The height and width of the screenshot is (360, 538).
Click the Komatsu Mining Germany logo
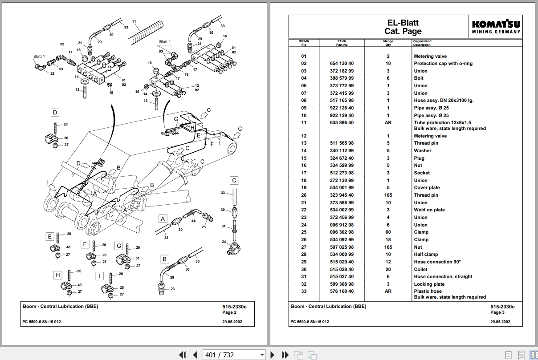496,26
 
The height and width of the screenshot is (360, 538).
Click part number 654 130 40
342,64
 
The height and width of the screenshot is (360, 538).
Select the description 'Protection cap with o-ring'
443,64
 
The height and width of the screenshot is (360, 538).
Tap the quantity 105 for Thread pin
388,195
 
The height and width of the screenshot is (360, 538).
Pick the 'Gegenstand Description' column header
422,43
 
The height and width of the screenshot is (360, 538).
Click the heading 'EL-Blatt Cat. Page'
403,27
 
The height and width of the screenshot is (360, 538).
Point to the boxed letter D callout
55,113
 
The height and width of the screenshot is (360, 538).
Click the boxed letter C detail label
234,180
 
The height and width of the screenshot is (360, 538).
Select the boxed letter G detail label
119,246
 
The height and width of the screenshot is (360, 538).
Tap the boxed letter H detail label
57,275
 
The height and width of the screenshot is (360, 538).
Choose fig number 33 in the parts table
304,291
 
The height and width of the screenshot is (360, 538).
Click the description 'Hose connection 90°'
437,262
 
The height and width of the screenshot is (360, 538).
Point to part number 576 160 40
342,291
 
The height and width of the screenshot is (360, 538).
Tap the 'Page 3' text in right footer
497,312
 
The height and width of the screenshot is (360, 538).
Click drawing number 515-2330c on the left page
234,307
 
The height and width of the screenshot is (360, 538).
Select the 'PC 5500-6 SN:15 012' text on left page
42,322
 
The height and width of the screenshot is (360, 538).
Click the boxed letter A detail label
163,218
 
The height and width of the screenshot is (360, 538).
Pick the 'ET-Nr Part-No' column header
342,43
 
